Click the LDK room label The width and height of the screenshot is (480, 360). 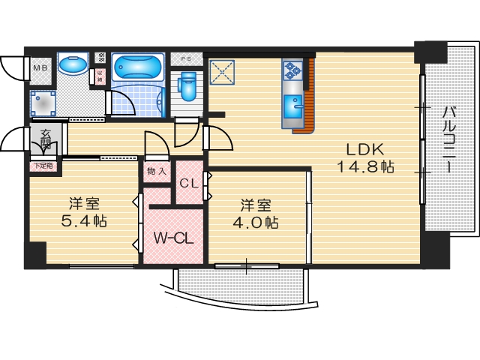tap(364, 148)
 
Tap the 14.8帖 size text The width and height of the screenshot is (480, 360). tap(364, 167)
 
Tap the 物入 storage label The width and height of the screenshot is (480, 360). tap(157, 172)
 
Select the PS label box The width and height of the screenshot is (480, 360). tap(184, 58)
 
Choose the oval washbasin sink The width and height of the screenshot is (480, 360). tap(72, 65)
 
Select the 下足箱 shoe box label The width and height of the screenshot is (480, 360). tap(42, 166)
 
